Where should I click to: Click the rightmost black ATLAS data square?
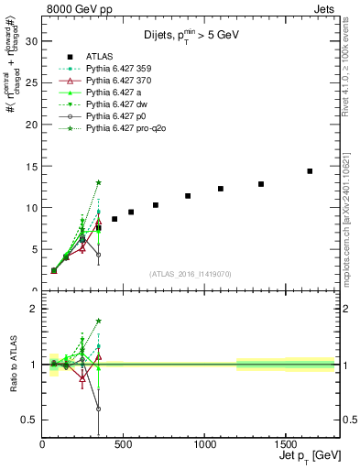[310, 171]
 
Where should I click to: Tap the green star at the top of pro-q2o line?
[98, 182]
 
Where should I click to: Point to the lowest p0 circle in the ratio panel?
[98, 409]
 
